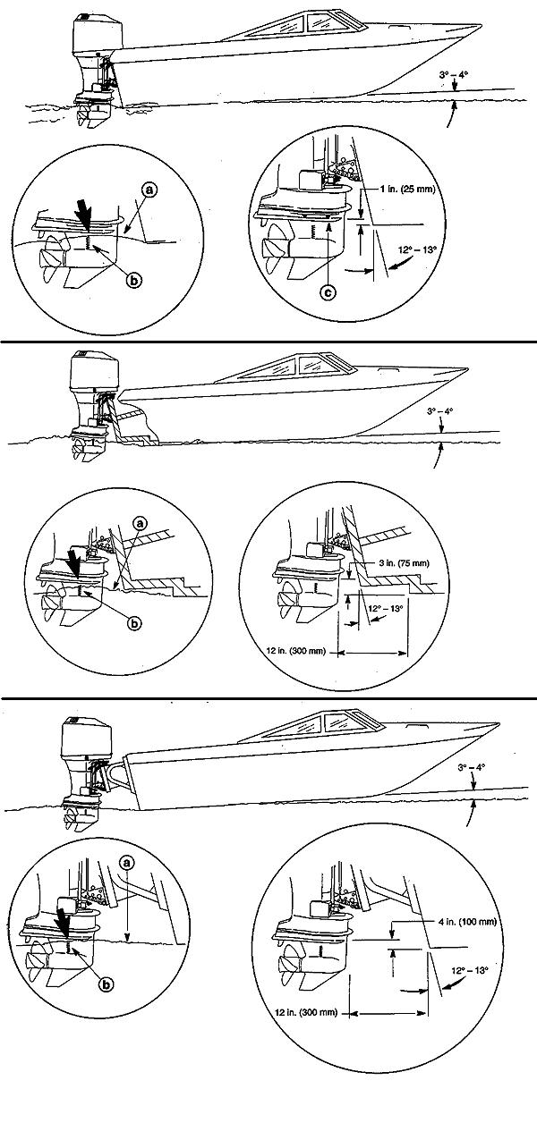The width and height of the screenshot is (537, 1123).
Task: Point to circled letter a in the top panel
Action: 149,190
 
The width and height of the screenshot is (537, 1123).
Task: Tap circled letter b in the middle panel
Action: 135,623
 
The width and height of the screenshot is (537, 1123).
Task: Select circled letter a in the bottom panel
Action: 127,862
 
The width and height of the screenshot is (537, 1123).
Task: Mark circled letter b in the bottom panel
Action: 107,984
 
